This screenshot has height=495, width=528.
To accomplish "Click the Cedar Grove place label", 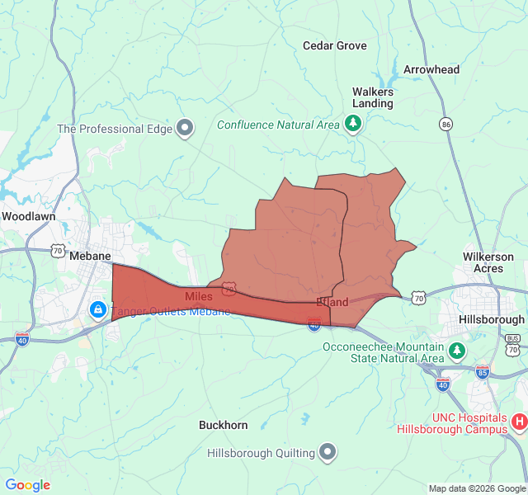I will click(x=334, y=45).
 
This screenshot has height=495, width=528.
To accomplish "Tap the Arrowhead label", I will click(x=431, y=69).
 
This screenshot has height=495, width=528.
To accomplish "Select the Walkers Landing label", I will click(x=373, y=97).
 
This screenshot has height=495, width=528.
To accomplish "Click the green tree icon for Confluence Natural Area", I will click(x=354, y=124).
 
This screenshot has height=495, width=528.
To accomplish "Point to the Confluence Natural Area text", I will click(x=278, y=125).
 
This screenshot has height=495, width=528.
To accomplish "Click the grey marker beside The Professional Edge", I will click(x=186, y=128).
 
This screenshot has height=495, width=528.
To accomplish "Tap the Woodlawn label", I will click(x=28, y=216).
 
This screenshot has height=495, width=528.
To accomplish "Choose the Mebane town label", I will click(x=90, y=256).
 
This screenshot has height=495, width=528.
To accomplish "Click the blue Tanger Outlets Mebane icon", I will click(x=97, y=309).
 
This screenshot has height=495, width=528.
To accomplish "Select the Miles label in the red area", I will click(x=199, y=295).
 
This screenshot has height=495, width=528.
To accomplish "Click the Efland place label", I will click(x=332, y=302).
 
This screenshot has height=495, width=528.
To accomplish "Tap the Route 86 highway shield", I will click(x=446, y=124).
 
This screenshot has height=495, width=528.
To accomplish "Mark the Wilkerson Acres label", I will click(x=488, y=262).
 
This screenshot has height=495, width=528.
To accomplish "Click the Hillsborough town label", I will click(x=492, y=319).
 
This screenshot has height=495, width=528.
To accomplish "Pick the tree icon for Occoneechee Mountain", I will click(x=457, y=352).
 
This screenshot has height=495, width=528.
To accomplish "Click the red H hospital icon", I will click(x=519, y=421).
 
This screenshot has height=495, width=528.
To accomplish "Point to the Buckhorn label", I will click(x=223, y=425).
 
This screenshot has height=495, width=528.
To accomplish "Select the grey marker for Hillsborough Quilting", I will click(x=328, y=452).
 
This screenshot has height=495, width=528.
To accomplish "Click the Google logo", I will click(x=27, y=485).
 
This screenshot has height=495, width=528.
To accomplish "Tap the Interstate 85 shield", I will click(x=483, y=371).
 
